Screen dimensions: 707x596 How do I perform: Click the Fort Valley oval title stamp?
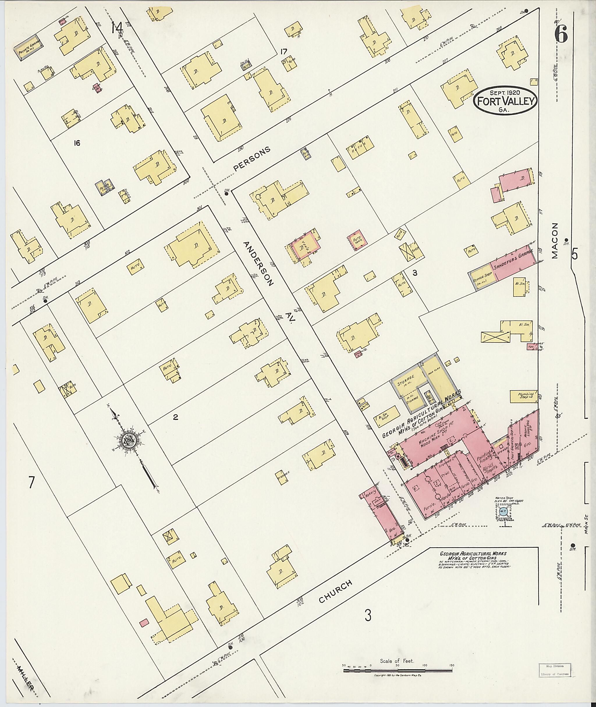pos(505,100)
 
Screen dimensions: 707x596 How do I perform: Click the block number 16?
pos(77,143)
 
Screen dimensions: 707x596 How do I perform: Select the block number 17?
pos(283,52)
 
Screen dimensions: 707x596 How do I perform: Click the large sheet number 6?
pos(561,34)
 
